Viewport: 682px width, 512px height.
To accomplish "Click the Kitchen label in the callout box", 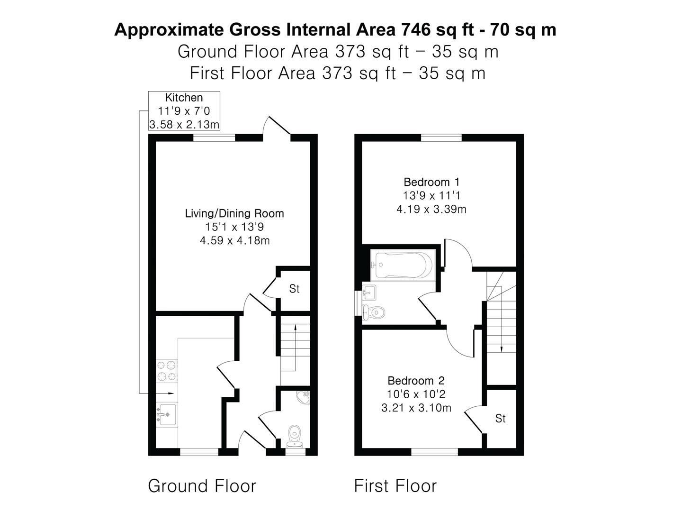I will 184,98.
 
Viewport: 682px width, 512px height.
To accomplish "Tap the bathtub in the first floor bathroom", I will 403,265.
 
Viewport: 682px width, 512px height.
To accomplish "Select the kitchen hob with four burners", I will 166,371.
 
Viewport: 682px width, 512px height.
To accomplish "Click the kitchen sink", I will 167,414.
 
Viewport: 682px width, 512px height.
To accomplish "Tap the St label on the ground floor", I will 294,289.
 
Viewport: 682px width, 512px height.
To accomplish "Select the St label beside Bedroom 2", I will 500,418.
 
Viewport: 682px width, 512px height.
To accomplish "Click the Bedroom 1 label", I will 431,182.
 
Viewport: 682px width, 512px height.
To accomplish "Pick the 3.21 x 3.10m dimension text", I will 416,408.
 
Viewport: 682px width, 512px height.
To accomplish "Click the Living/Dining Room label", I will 234,213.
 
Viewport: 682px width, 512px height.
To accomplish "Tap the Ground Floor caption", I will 202,486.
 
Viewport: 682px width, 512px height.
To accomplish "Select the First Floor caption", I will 395,486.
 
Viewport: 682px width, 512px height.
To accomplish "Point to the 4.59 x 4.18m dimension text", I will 234,241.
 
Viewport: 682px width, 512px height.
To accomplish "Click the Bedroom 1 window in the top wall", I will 441,138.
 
